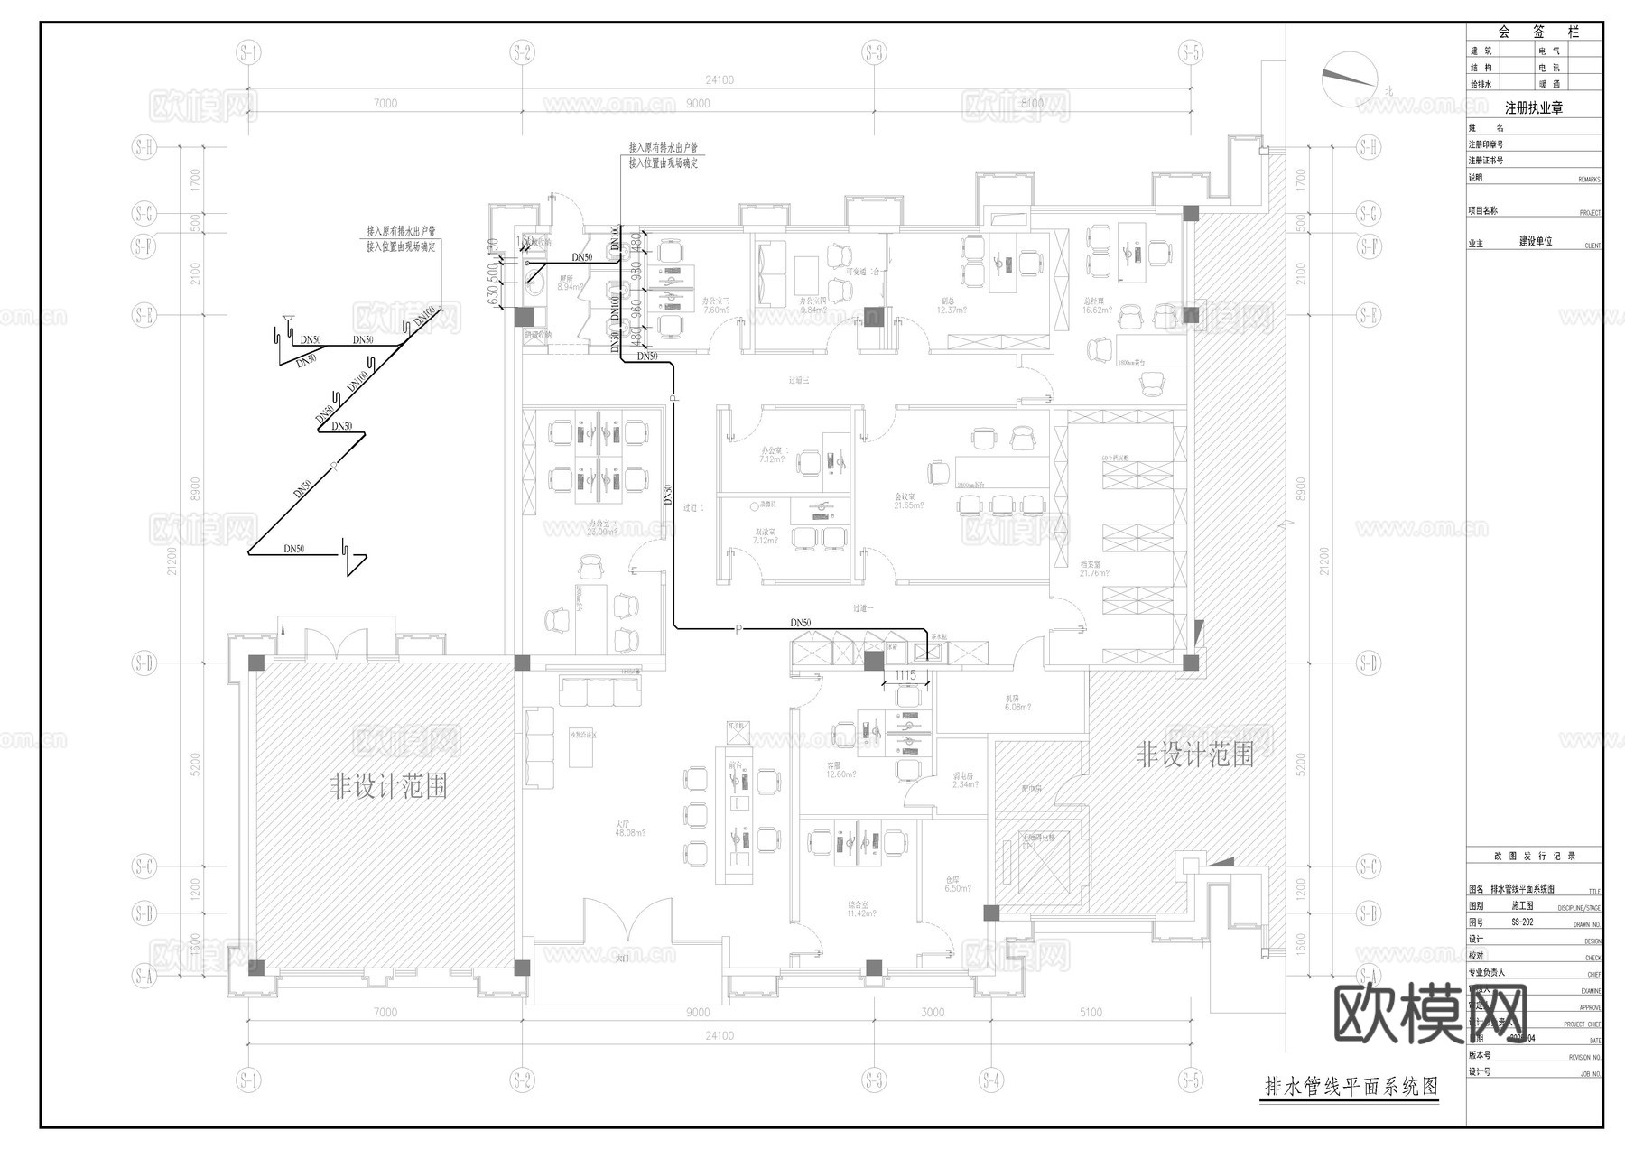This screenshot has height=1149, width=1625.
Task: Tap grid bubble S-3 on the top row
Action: click(872, 53)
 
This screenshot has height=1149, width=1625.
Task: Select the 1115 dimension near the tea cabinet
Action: click(905, 675)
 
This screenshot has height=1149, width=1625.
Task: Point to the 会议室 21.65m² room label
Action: click(908, 502)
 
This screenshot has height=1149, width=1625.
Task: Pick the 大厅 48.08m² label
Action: click(623, 828)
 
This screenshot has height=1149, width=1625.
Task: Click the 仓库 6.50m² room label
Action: click(957, 884)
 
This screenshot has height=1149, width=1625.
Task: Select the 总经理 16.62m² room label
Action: click(1096, 305)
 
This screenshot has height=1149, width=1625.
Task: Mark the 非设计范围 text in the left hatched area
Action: click(388, 787)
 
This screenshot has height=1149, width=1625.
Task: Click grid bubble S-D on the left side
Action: click(144, 663)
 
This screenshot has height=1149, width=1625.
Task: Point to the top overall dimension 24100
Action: click(720, 80)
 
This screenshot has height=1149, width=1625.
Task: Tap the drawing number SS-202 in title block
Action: click(1523, 922)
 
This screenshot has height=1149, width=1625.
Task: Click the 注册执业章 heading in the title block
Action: click(1533, 108)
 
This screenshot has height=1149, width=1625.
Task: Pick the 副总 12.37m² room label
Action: click(952, 305)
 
